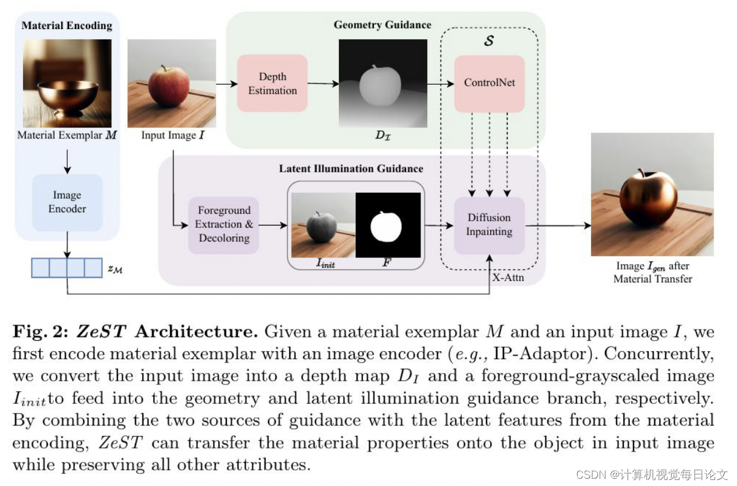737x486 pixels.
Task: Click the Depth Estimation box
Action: coord(272,83)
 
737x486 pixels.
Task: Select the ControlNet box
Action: coord(489,83)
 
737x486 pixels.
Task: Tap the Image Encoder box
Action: coord(67,202)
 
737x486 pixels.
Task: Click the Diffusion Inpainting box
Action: coord(489,224)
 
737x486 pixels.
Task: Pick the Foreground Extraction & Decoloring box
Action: coord(223,224)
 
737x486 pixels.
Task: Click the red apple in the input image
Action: coord(168,86)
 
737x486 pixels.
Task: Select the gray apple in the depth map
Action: coord(380,85)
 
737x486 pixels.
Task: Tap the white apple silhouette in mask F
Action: coord(386,227)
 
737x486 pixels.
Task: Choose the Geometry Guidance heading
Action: coord(382,25)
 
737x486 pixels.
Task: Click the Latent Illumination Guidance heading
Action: coord(351,169)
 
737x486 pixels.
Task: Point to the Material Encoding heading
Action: coord(67,25)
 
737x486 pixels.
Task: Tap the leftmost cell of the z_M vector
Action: coord(41,267)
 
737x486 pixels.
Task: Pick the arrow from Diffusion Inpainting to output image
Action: coord(557,225)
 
